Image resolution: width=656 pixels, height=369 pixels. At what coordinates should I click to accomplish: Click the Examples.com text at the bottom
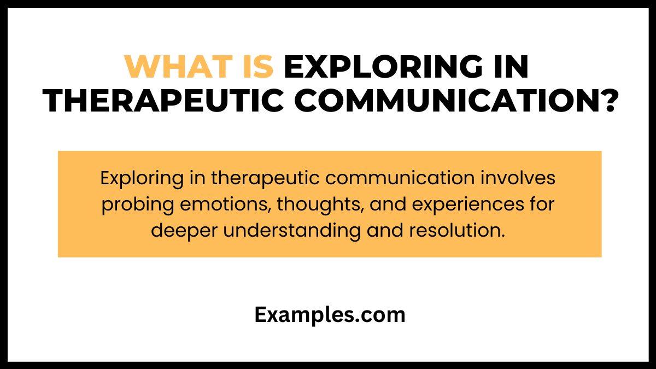point(330,315)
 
